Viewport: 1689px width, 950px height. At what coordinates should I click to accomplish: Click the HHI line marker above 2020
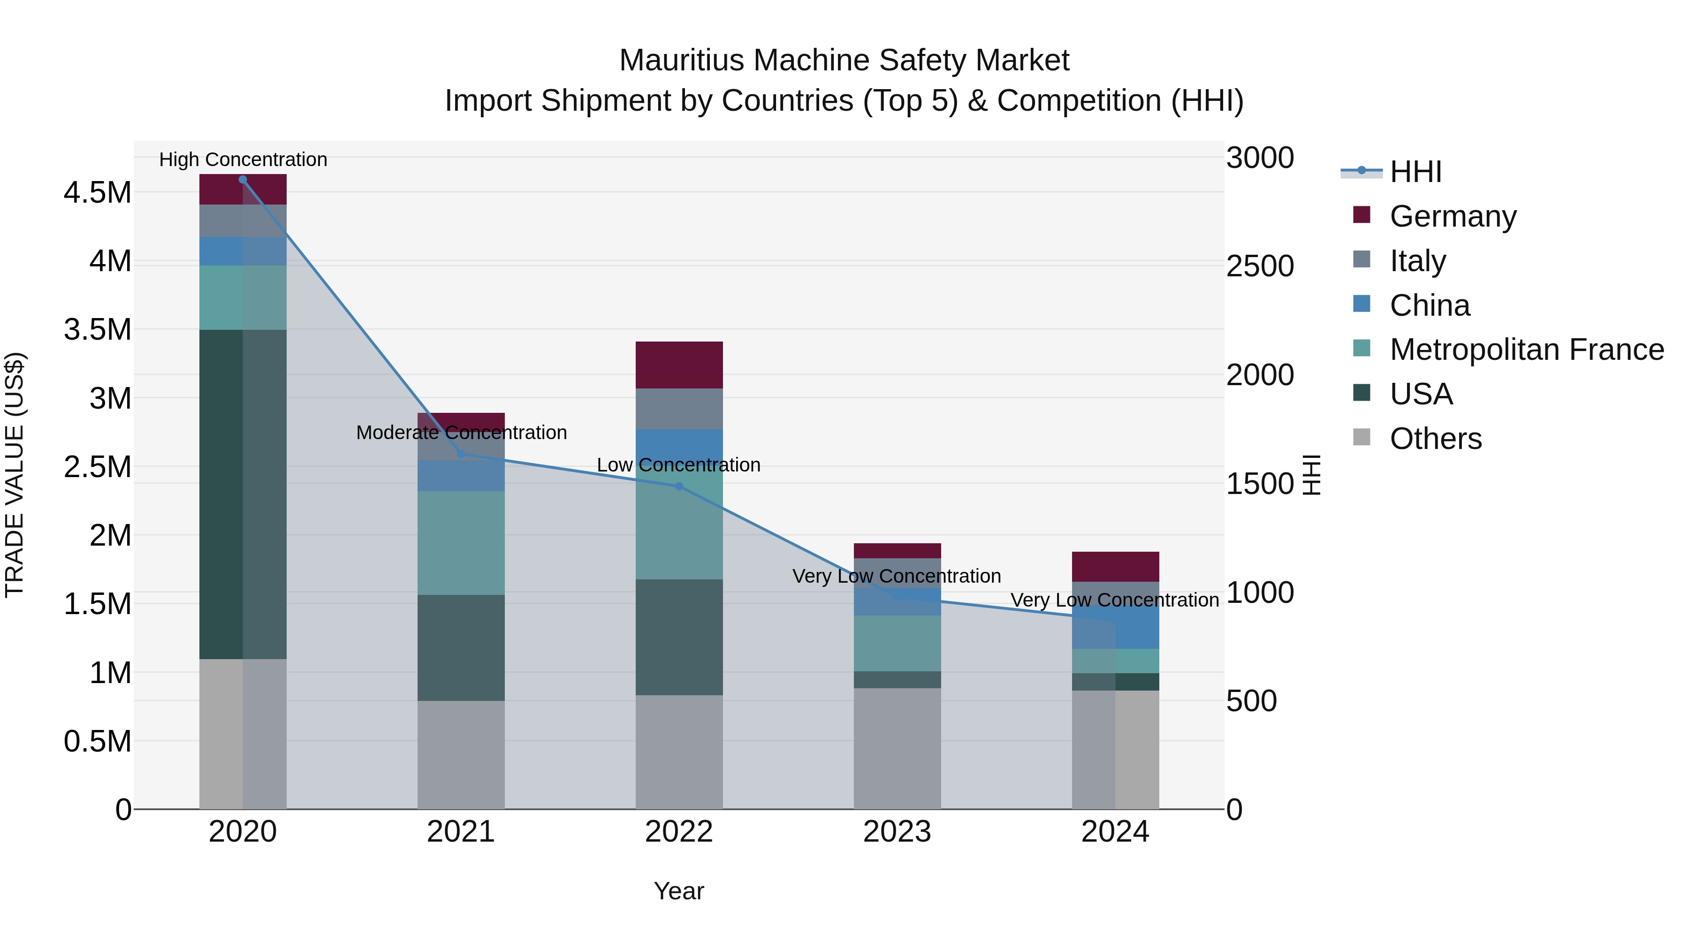[243, 180]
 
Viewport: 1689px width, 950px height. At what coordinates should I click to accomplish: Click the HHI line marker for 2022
[678, 486]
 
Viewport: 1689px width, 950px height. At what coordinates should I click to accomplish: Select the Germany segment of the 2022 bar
[678, 365]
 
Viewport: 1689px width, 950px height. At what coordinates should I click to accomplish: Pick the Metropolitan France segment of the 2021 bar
[461, 543]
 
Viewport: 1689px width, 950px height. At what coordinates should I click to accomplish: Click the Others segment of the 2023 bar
[897, 748]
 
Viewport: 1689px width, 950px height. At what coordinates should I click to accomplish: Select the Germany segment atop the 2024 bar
[1115, 566]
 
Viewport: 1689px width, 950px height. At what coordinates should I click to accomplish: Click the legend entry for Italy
[1417, 261]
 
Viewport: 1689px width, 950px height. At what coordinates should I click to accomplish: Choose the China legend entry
[1430, 305]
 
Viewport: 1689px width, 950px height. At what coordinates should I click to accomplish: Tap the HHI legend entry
[1415, 172]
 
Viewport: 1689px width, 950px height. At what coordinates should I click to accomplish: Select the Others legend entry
[1435, 439]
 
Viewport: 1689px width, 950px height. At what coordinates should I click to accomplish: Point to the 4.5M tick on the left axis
[98, 193]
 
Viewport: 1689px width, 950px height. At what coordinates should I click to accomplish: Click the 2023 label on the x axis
[897, 832]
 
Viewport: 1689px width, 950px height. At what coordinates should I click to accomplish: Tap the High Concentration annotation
[243, 160]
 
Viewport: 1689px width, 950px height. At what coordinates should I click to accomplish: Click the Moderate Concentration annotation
[461, 433]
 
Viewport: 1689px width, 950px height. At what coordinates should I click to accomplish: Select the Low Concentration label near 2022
[678, 465]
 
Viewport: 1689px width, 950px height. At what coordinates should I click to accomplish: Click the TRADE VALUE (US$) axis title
[15, 475]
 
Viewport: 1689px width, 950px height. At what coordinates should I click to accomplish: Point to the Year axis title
[678, 891]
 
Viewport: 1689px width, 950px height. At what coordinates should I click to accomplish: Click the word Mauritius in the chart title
[682, 61]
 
